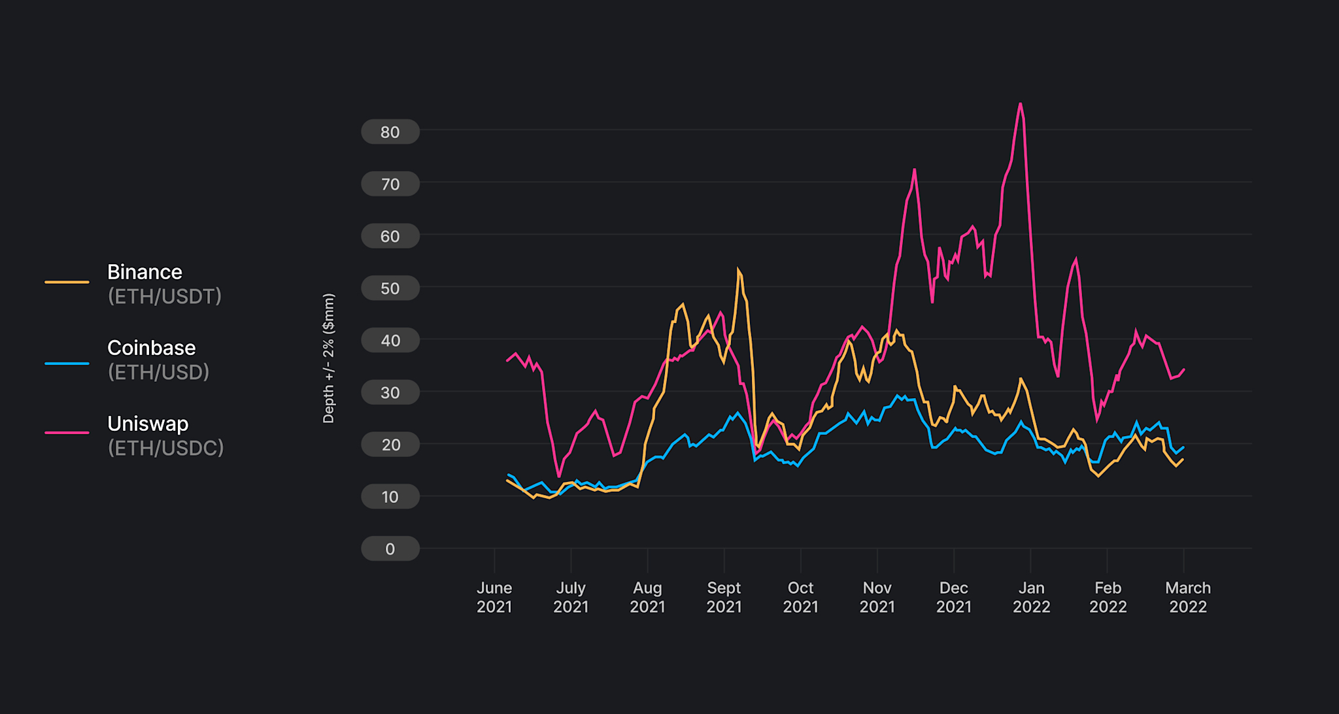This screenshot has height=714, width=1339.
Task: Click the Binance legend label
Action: [x=144, y=272]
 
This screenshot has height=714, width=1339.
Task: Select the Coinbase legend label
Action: [x=151, y=348]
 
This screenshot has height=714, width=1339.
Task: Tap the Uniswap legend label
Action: [x=148, y=424]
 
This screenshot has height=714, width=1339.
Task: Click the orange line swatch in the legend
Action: [x=67, y=282]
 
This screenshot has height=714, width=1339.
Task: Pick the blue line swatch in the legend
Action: [x=67, y=363]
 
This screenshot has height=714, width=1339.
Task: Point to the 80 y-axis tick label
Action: [x=390, y=132]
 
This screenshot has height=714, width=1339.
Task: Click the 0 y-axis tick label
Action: [x=390, y=549]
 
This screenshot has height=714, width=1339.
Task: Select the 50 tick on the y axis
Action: [x=390, y=288]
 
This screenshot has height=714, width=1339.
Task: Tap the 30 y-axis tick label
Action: [x=390, y=393]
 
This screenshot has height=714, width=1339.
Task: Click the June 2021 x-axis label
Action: [x=494, y=597]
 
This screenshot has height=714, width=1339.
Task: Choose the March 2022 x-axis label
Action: [x=1187, y=597]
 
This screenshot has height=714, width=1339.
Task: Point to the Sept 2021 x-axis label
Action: [x=724, y=597]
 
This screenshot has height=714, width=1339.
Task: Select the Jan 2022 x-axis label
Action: [x=1031, y=597]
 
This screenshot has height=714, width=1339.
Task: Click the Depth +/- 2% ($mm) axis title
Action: [x=329, y=358]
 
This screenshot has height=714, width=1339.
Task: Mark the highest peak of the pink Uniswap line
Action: [x=1020, y=103]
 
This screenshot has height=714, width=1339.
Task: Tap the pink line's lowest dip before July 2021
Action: [x=559, y=476]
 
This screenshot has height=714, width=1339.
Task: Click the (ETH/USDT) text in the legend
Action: [x=165, y=297]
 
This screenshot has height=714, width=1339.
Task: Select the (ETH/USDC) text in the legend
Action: [x=165, y=449]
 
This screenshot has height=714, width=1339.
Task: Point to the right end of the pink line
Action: [x=1184, y=369]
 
